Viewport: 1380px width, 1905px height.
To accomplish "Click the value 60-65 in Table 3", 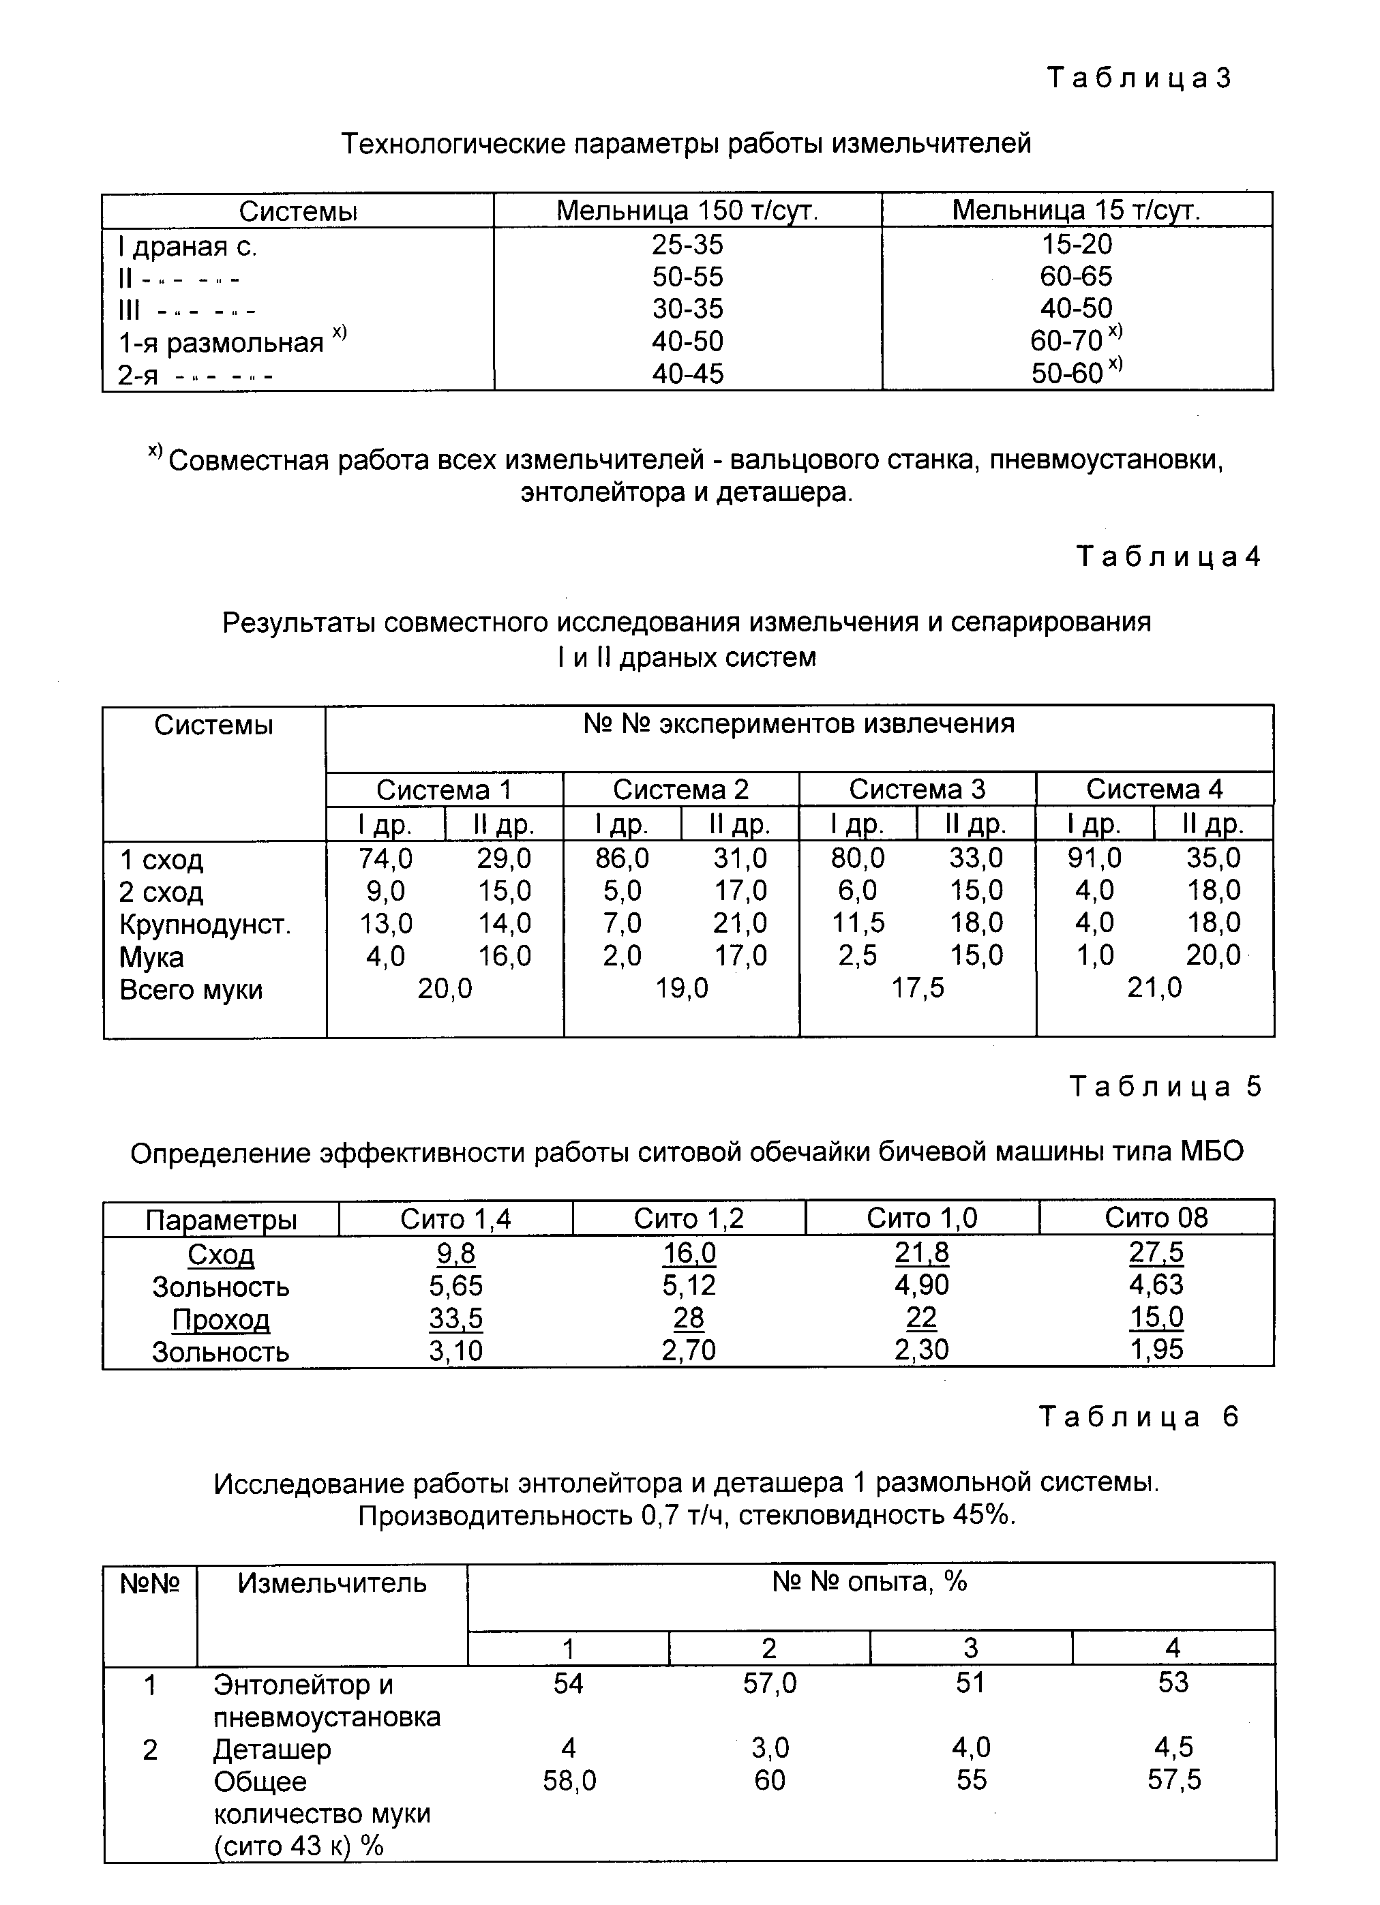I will (x=1076, y=276).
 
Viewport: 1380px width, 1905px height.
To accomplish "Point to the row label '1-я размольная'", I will (x=220, y=343).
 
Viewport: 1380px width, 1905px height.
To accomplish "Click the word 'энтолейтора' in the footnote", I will (x=603, y=492).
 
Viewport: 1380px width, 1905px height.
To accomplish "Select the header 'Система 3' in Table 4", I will (x=916, y=790).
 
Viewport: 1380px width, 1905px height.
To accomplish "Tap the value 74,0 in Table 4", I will (x=385, y=858).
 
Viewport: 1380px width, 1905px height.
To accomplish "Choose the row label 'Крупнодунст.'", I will (x=205, y=924).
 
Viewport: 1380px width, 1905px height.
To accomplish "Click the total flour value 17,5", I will (x=917, y=988).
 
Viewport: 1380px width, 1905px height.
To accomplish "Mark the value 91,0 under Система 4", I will (x=1094, y=858).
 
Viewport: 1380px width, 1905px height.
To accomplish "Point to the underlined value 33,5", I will (x=456, y=1319).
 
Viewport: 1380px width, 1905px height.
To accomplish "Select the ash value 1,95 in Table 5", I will (x=1156, y=1350).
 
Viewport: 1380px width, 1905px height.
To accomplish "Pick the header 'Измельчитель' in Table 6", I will (x=332, y=1583).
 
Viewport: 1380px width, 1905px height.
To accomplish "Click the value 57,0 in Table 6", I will (x=769, y=1683).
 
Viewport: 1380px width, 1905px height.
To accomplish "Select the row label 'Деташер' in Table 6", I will (x=272, y=1750).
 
